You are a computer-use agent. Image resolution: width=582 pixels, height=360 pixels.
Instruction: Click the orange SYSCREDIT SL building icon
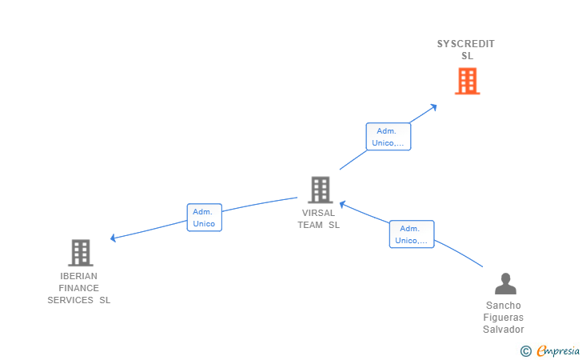(x=468, y=81)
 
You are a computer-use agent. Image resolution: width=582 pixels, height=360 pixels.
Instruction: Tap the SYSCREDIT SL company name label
(x=466, y=50)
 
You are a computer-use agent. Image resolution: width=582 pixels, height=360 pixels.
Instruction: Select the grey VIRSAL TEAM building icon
(x=321, y=190)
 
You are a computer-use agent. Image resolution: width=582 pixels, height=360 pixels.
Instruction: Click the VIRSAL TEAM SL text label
(x=318, y=219)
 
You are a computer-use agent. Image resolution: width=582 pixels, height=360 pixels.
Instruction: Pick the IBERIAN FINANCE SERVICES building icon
(x=81, y=253)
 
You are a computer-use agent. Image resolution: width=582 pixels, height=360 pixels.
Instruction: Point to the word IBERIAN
(x=78, y=276)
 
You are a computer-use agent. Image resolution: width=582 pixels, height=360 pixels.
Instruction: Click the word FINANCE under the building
(x=78, y=288)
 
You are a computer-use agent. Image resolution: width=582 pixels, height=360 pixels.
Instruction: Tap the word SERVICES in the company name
(x=70, y=300)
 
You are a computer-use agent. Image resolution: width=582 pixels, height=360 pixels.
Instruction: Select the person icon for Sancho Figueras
(x=505, y=283)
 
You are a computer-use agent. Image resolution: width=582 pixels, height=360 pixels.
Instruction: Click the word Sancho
(x=504, y=306)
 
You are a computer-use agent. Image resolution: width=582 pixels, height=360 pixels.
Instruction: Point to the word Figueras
(x=504, y=318)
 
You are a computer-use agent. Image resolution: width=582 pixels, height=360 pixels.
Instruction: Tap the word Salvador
(x=504, y=329)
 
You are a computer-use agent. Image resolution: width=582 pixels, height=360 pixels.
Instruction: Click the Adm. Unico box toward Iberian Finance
(x=205, y=218)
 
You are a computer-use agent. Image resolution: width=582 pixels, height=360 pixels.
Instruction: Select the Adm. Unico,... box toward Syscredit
(x=389, y=137)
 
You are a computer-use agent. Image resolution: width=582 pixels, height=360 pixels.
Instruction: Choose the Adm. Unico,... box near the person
(x=412, y=234)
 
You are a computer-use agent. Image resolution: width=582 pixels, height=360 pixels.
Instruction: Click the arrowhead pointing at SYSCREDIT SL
(x=433, y=107)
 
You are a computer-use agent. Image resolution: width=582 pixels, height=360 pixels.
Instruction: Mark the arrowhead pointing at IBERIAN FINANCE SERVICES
(x=113, y=238)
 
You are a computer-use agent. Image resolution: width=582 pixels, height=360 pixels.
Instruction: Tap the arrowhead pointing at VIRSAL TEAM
(x=343, y=204)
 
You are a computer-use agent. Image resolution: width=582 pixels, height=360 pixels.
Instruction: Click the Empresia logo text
(x=558, y=350)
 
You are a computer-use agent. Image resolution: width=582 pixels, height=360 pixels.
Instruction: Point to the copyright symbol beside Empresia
(x=526, y=351)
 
